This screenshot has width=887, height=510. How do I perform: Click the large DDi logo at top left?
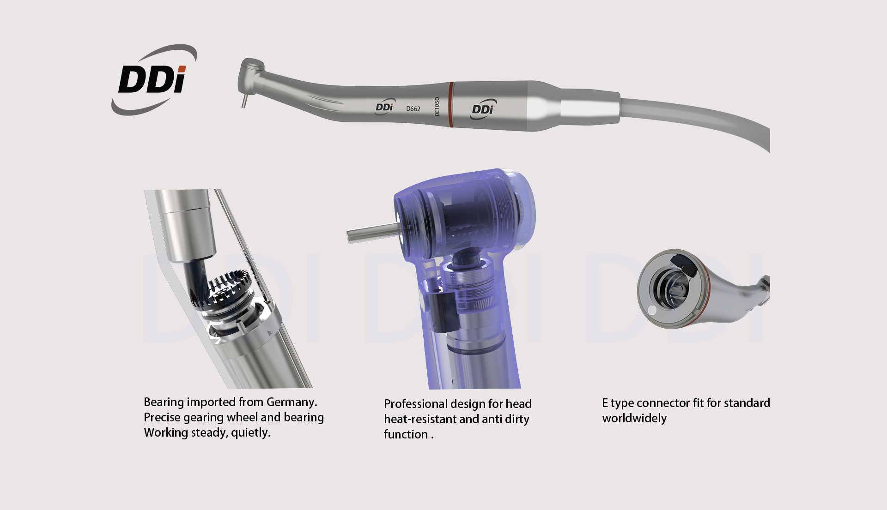tap(154, 79)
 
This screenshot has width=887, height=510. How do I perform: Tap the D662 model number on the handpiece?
tap(413, 109)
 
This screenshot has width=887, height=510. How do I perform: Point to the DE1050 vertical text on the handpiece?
tap(437, 106)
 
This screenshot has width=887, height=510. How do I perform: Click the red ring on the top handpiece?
tap(451, 105)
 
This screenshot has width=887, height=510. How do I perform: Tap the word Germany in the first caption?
tap(292, 402)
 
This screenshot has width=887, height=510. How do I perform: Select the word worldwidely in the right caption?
tap(634, 418)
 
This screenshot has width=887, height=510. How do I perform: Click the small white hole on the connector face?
tap(651, 311)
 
